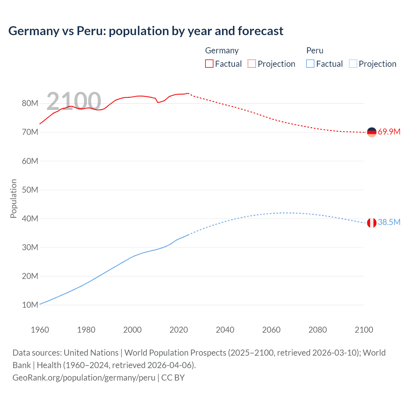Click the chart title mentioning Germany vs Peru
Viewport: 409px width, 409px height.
click(146, 31)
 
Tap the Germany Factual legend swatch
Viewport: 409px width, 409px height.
click(209, 64)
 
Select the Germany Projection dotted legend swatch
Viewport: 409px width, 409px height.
click(252, 64)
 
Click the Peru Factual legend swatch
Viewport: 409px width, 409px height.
click(310, 64)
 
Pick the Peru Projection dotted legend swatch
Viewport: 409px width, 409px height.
click(353, 64)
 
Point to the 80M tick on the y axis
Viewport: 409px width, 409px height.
click(30, 103)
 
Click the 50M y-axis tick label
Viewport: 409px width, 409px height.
click(30, 190)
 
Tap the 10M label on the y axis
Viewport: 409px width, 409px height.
click(30, 305)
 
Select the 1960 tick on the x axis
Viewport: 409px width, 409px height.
click(40, 330)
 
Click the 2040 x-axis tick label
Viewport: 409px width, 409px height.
click(225, 330)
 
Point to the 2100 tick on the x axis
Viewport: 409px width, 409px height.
click(364, 330)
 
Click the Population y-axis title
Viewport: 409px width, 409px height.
click(13, 198)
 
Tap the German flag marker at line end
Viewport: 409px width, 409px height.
click(372, 132)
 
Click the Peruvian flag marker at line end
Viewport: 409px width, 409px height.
click(372, 223)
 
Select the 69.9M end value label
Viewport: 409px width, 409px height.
click(389, 132)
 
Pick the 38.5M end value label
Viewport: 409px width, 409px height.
click(389, 222)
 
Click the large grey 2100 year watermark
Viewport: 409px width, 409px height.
click(74, 101)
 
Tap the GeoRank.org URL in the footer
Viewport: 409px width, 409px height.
click(84, 377)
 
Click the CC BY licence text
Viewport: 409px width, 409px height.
click(173, 377)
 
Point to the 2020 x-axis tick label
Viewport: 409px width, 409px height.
click(179, 330)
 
